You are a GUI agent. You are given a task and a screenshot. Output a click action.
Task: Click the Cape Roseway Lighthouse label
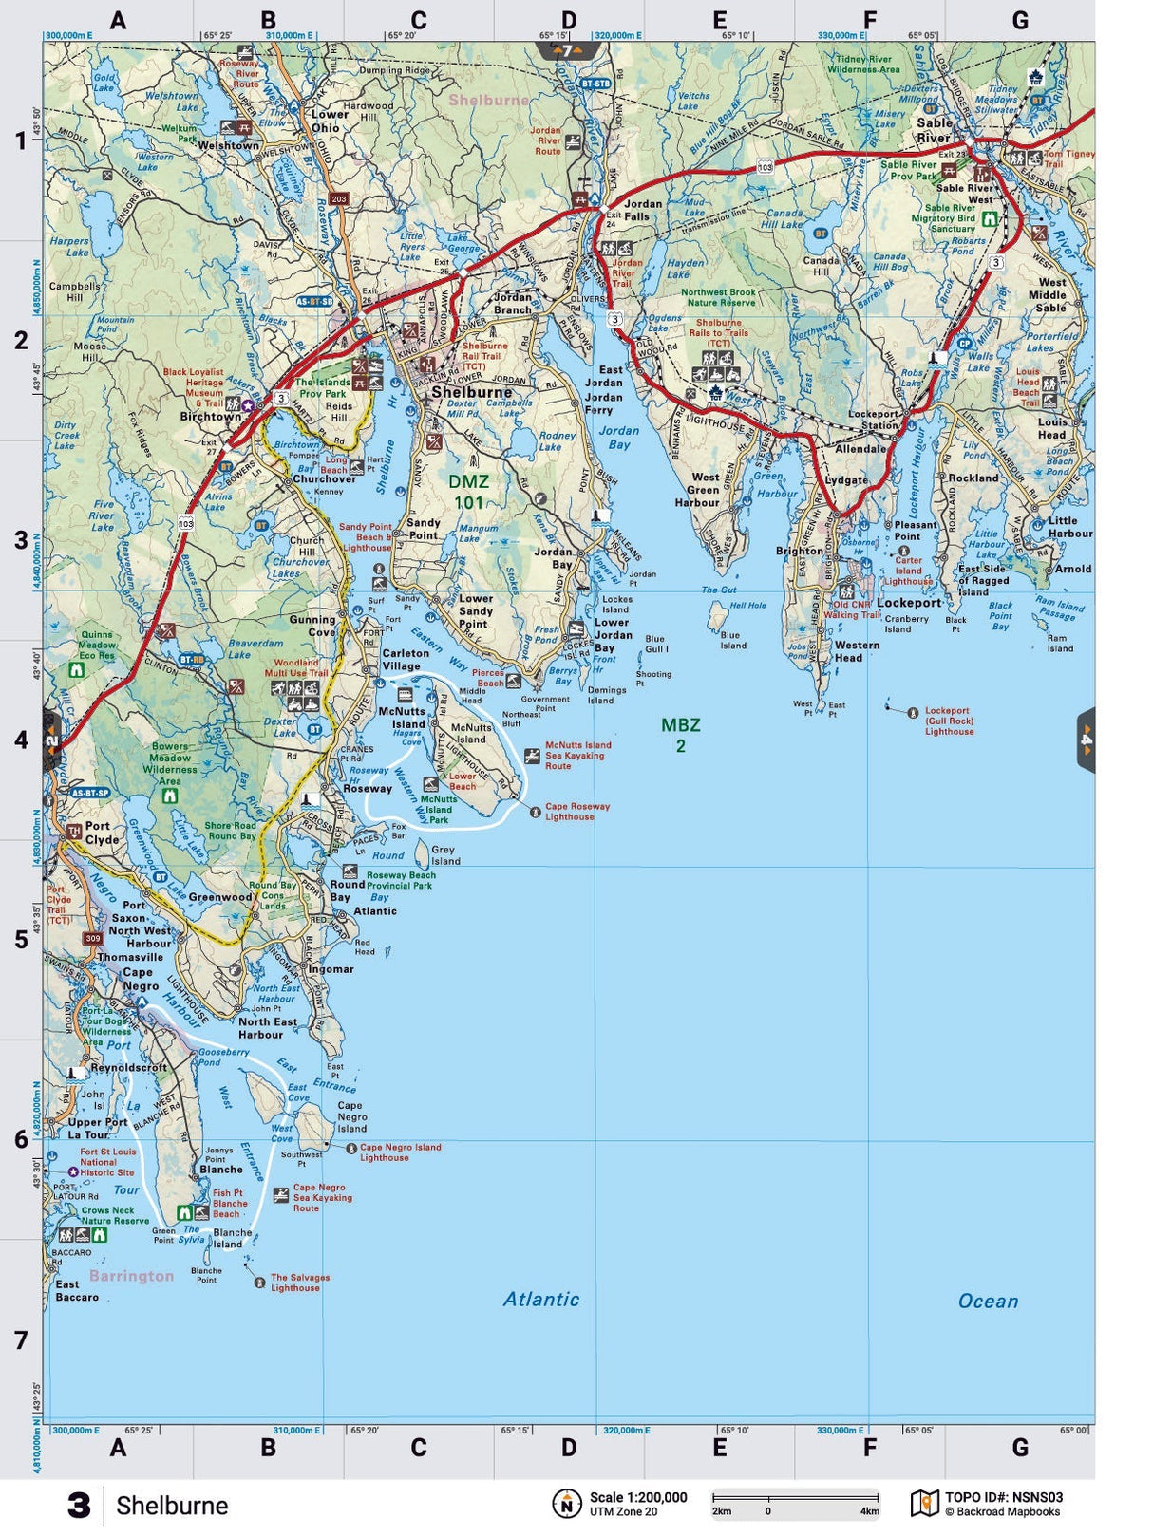(x=577, y=812)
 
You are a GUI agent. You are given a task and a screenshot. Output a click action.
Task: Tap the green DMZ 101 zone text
(x=468, y=492)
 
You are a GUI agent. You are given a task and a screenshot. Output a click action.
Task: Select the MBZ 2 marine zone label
(x=681, y=735)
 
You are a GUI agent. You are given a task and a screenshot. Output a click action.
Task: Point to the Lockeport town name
(x=909, y=603)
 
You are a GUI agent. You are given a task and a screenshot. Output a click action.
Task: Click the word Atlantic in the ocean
(x=541, y=1299)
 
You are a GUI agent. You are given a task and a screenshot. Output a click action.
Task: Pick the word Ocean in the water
(x=988, y=1301)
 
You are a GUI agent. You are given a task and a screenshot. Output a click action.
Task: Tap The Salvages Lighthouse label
(x=299, y=1283)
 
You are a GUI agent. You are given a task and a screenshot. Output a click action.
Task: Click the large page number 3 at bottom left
(x=79, y=1506)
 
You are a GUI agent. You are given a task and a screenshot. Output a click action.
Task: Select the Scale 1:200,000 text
(x=638, y=1497)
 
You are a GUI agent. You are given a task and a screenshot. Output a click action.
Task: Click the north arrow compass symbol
(x=567, y=1504)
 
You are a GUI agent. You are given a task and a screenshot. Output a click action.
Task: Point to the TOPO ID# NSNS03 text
(x=1003, y=1497)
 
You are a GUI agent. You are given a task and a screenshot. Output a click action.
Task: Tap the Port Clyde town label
(x=102, y=833)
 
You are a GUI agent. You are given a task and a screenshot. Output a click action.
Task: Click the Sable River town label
(x=934, y=130)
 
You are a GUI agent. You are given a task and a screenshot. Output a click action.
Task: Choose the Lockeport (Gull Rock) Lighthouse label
(x=949, y=721)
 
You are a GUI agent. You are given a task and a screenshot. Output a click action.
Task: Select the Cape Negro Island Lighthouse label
(x=400, y=1152)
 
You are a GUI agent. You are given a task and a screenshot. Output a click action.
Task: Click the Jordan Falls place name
(x=643, y=210)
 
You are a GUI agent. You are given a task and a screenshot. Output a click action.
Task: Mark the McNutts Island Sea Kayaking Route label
(x=577, y=756)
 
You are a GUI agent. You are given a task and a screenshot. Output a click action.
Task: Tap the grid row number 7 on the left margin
(x=21, y=1339)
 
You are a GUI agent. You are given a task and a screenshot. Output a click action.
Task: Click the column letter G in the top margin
(x=1020, y=20)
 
